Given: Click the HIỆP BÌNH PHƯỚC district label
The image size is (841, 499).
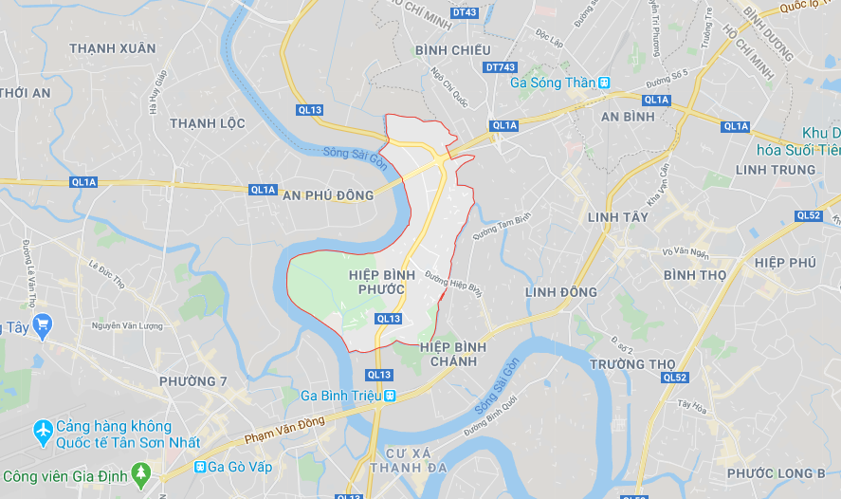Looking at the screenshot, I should click(x=375, y=282).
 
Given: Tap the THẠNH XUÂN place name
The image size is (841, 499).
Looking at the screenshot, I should click(x=113, y=48).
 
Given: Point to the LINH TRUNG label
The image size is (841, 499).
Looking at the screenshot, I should click(x=775, y=170).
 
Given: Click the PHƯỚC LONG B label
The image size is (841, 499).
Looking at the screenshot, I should click(x=776, y=473).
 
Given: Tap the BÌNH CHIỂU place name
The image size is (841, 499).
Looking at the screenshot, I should click(x=453, y=49).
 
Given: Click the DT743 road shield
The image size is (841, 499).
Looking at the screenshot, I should click(x=500, y=67).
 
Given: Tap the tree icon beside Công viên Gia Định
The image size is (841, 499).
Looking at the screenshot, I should click(x=141, y=471).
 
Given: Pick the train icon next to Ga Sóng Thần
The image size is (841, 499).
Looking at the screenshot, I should click(x=604, y=83).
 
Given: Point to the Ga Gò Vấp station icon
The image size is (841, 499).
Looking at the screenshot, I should click(x=200, y=467).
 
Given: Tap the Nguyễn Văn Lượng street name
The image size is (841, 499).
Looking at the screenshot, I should click(x=127, y=326).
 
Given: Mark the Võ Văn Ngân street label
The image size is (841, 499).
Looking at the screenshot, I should click(x=686, y=252).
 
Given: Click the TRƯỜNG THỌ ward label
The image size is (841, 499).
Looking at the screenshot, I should click(x=631, y=364).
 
